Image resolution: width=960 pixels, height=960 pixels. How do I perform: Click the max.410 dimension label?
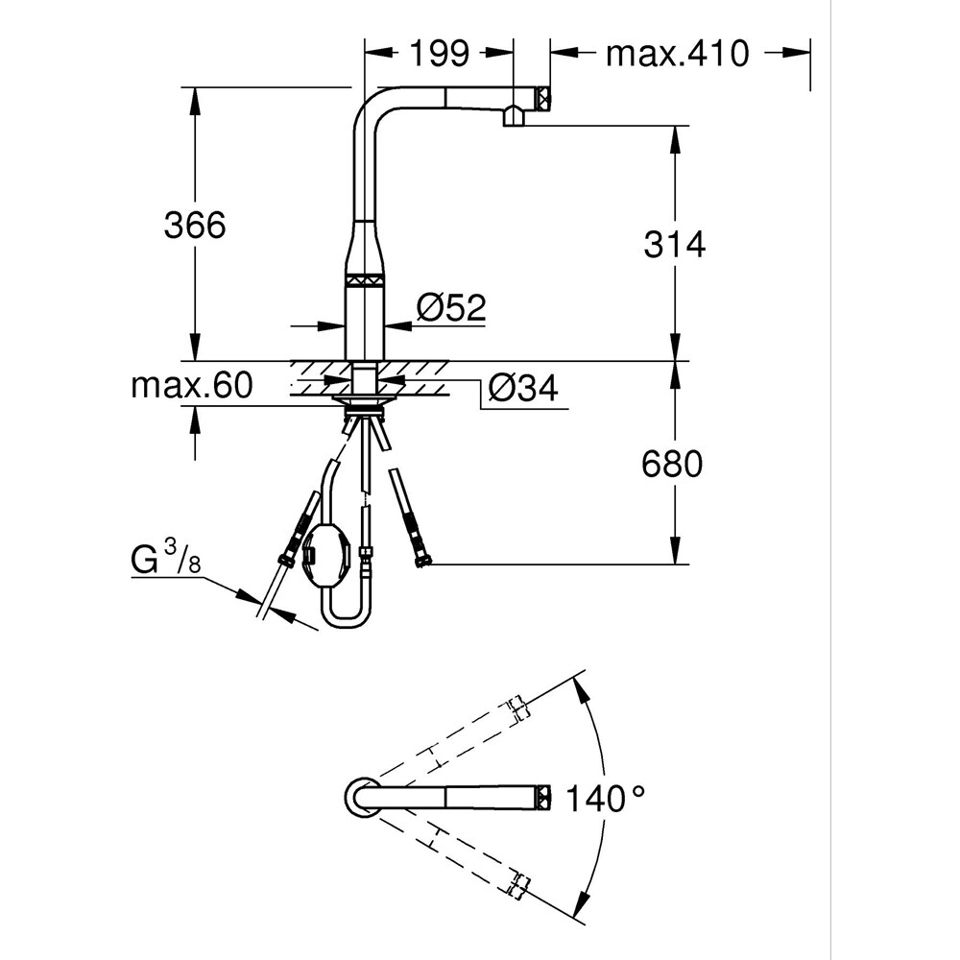[x=676, y=54]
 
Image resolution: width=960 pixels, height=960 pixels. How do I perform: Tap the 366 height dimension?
[x=194, y=226]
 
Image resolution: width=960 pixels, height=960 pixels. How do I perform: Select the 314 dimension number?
[x=674, y=245]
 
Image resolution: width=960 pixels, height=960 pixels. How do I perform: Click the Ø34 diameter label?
[x=522, y=389]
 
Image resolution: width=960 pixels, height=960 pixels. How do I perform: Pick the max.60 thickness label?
[x=191, y=386]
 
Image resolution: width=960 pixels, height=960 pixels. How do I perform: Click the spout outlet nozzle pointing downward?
[x=514, y=117]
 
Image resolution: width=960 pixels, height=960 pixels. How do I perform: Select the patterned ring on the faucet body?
[x=364, y=279]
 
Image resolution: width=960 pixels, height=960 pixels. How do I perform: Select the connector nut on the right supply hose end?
[x=421, y=556]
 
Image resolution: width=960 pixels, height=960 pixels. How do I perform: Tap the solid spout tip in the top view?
[x=543, y=796]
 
